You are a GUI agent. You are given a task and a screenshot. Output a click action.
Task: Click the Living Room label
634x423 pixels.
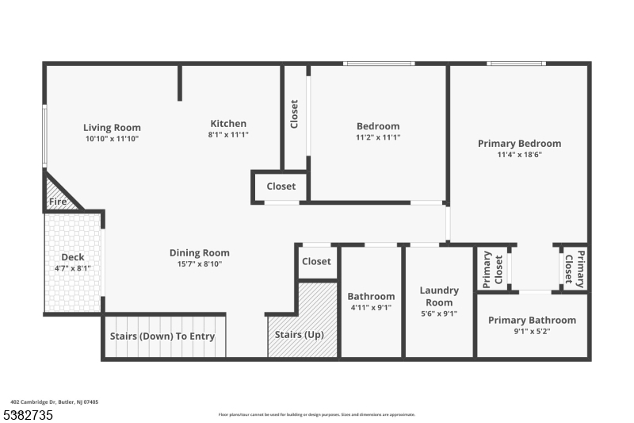112,127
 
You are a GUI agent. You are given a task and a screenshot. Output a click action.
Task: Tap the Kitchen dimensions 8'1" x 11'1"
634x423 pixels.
227,135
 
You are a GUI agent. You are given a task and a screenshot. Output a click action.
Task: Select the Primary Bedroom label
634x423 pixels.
519,144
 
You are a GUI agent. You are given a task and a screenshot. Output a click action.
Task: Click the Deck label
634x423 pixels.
73,257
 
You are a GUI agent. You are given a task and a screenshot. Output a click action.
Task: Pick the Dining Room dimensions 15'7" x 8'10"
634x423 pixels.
199,264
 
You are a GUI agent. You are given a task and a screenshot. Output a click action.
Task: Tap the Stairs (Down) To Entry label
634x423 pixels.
162,336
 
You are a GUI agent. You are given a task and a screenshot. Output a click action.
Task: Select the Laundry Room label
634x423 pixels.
439,296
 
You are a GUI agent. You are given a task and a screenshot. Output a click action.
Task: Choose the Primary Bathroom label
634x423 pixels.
532,320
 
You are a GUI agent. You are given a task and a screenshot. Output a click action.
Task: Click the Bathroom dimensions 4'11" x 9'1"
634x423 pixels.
371,308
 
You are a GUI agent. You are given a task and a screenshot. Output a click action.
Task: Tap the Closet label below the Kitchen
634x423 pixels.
281,187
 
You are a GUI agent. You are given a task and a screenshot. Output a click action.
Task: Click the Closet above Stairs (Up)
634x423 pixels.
316,261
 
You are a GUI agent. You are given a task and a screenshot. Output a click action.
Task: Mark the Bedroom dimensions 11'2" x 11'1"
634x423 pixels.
378,137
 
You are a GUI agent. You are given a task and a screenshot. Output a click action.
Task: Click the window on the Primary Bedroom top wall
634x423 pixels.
515,63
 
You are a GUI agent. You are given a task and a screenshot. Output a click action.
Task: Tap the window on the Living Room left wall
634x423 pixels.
45,136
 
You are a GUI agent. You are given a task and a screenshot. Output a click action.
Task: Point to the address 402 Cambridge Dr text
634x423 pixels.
55,402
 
